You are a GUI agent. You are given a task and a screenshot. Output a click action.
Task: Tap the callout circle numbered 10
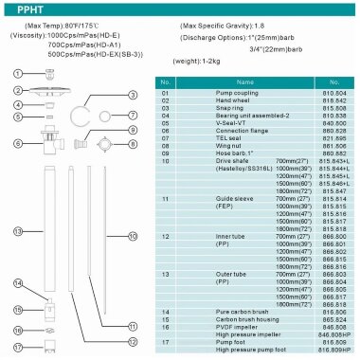point(133,235)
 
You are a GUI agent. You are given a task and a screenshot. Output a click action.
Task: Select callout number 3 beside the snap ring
point(133,96)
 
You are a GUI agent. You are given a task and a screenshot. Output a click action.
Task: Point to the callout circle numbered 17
point(16,351)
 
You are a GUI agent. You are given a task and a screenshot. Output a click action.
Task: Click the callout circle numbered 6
point(17,143)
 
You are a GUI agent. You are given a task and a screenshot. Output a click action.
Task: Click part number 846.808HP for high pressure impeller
point(333,335)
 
